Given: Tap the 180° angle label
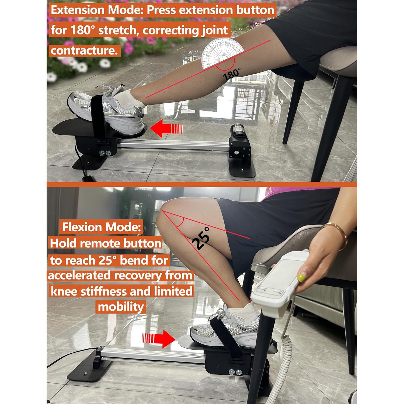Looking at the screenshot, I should (x=232, y=74).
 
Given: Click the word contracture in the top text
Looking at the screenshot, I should (x=84, y=50).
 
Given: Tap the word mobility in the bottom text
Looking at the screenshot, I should (x=121, y=307).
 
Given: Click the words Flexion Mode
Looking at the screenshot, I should (x=102, y=227).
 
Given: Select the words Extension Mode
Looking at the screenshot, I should (x=97, y=10).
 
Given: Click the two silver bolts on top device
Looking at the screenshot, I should (x=105, y=153).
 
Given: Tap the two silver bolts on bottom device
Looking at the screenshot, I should (x=235, y=372).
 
